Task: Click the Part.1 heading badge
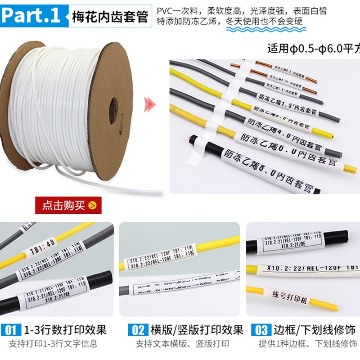pyautogui.click(x=33, y=16)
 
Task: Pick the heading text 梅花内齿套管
pyautogui.click(x=110, y=18)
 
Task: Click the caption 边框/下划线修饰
pyautogui.click(x=315, y=330)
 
